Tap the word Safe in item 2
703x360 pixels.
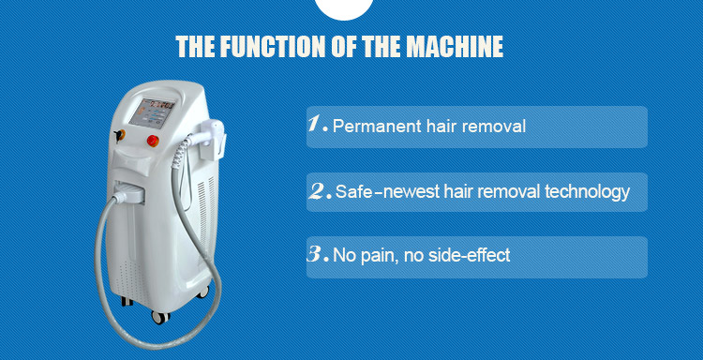tap(353, 191)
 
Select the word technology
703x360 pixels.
tap(588, 193)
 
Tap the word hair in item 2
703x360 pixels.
tap(457, 191)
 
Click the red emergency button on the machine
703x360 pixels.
tap(153, 141)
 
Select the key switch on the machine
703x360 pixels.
tap(120, 134)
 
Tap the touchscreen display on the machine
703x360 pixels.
tap(152, 113)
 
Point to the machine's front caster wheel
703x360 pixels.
tap(160, 317)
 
